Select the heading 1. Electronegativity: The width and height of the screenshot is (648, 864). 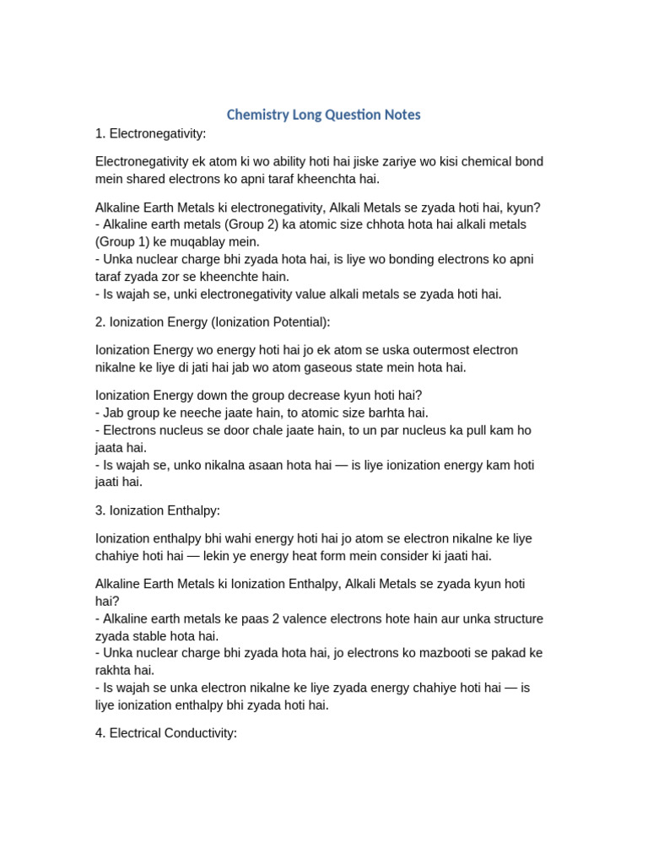[x=150, y=133]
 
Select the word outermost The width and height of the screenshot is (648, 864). [x=414, y=350]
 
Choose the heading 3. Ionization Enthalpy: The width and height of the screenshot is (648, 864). [x=157, y=510]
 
